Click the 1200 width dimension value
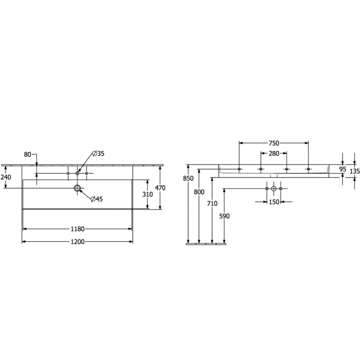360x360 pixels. tap(77, 241)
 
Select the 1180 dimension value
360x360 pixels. tap(77, 229)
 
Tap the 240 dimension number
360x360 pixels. tap(5, 178)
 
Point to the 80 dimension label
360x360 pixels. tap(27, 155)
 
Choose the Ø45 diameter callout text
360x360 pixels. tap(96, 198)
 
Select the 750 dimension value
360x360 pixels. tap(273, 143)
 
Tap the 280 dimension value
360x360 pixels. tap(273, 154)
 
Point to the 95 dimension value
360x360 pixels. tap(342, 169)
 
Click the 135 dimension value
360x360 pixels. tap(355, 171)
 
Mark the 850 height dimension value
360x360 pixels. tap(188, 179)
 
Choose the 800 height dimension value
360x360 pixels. tap(199, 192)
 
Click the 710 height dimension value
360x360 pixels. tap(212, 203)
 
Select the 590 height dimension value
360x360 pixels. tap(224, 216)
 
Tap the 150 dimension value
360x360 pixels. tap(273, 202)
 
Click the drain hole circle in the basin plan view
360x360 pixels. tap(77, 188)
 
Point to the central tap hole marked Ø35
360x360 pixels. tap(77, 173)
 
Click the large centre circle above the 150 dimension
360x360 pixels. tap(273, 189)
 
